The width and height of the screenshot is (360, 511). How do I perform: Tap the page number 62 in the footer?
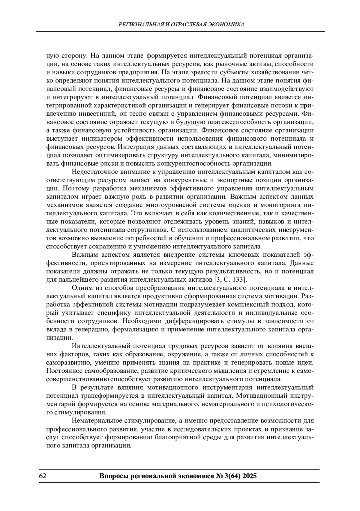point(42,476)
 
